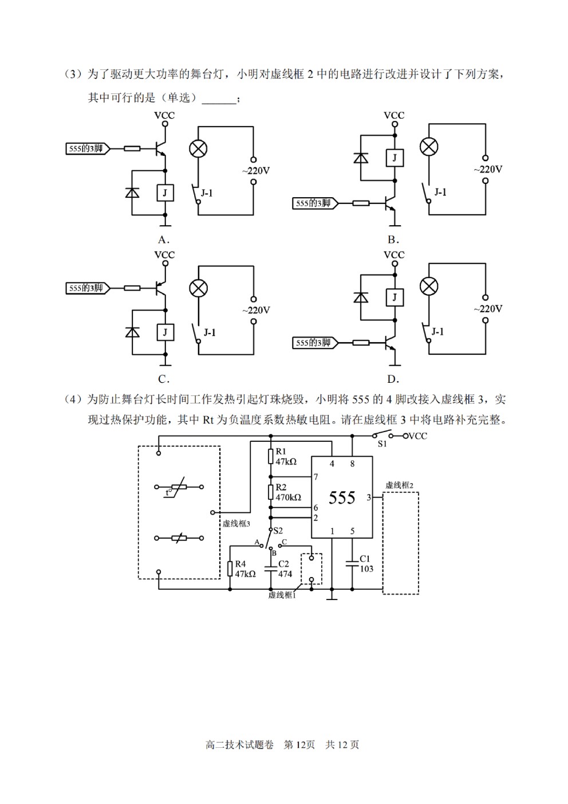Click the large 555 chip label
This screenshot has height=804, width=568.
[342, 497]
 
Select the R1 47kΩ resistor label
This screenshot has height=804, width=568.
[286, 457]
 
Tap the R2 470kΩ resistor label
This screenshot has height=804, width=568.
[288, 492]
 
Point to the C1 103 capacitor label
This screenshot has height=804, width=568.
[366, 563]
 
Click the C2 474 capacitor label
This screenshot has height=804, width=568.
[285, 569]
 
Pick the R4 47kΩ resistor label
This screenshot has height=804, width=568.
[245, 569]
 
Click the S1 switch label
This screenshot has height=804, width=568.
[382, 444]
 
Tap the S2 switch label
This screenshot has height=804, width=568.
[278, 531]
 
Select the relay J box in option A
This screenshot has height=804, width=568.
[165, 193]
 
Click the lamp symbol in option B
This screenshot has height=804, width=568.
[429, 147]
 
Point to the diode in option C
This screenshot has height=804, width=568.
[132, 332]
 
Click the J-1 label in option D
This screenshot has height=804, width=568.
[437, 331]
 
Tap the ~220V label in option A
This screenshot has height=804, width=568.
[256, 171]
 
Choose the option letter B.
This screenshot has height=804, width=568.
[393, 240]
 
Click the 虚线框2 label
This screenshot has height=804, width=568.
[399, 485]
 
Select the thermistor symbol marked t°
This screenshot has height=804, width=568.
[179, 487]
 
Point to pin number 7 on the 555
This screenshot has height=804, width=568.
[315, 477]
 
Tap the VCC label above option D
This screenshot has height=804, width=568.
[394, 255]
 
